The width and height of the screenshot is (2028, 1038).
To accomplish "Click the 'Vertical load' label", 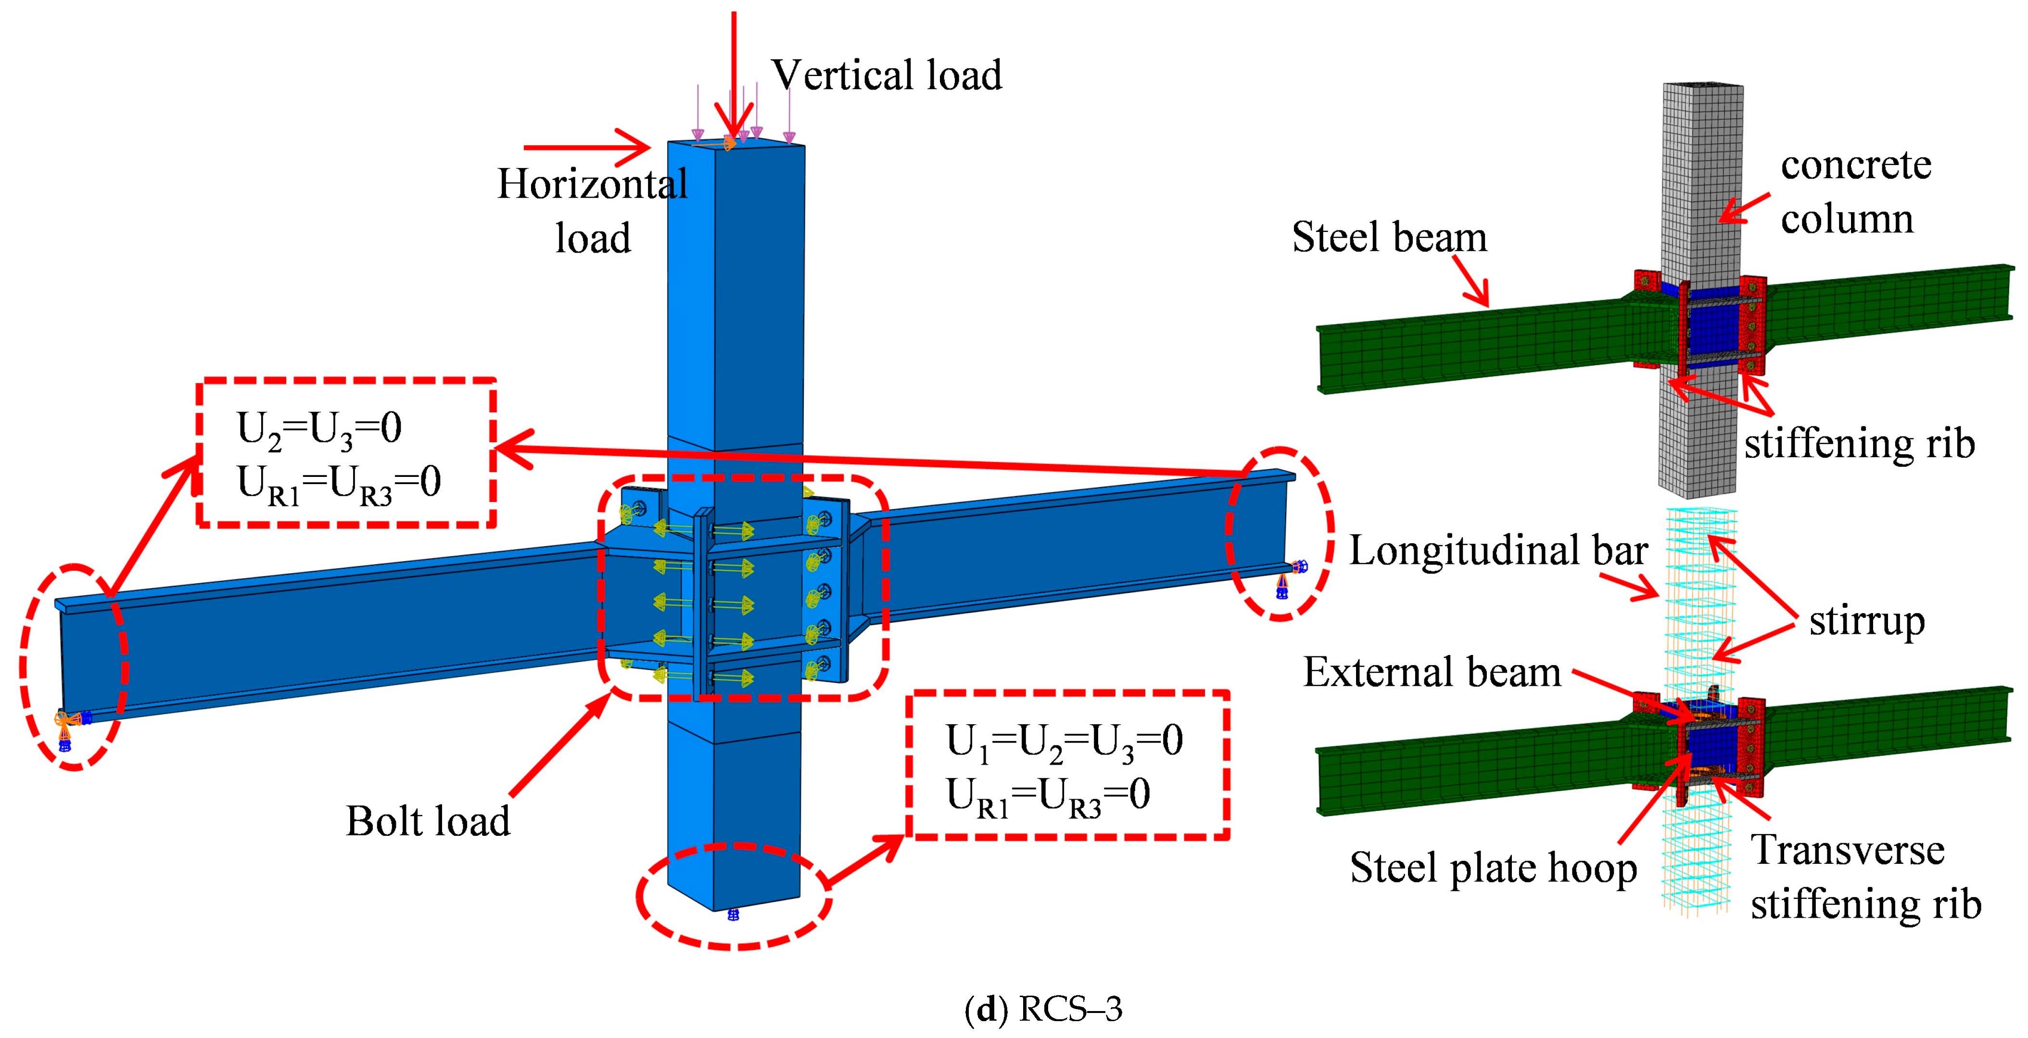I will (x=886, y=76).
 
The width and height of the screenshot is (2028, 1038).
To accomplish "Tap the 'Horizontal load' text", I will (x=593, y=210).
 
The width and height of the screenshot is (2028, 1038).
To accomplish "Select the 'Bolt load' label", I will (x=428, y=821).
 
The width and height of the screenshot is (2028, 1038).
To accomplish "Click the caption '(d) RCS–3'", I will (x=1043, y=1009).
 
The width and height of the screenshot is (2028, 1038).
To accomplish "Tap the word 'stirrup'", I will (x=1866, y=621).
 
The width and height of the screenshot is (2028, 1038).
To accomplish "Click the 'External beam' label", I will (x=1431, y=673).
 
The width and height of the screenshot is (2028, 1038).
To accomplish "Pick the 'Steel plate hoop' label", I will (x=1493, y=868).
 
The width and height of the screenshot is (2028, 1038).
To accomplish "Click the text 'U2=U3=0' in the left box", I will (x=319, y=429).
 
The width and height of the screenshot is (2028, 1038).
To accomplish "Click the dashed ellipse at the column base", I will (x=734, y=896).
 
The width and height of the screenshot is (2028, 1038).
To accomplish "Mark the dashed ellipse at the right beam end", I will (x=1279, y=534).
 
